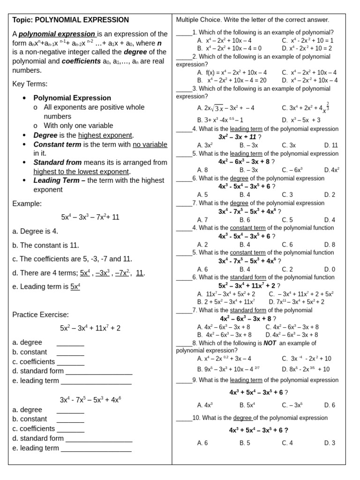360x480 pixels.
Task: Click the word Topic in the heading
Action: [x=22, y=20]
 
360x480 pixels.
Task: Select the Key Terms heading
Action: [x=30, y=84]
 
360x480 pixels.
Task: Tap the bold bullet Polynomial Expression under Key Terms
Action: [x=72, y=98]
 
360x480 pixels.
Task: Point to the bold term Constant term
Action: [x=57, y=144]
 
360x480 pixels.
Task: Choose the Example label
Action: [x=27, y=203]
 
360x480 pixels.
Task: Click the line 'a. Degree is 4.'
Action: [x=36, y=231]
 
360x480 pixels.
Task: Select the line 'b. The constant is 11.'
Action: [x=46, y=245]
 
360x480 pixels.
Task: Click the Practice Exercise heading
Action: [x=41, y=315]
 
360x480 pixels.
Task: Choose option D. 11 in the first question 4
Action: [x=330, y=145]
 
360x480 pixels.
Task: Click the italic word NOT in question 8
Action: [x=270, y=343]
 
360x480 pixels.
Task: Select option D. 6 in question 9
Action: [x=330, y=405]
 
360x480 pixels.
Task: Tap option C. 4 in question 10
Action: [x=287, y=442]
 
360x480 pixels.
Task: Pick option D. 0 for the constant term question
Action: [x=330, y=270]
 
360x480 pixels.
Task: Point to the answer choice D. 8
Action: [x=330, y=245]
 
